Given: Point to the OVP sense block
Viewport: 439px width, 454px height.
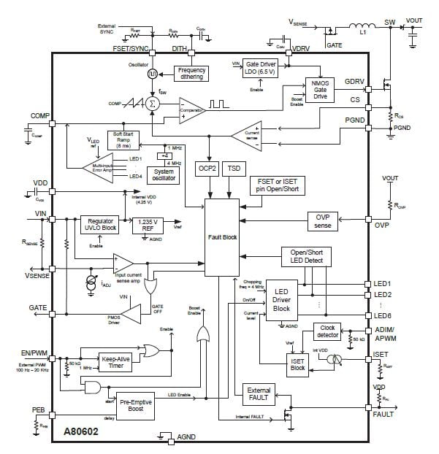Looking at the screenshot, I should click(x=323, y=220).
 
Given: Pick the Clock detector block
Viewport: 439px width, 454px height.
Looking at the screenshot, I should click(x=329, y=332).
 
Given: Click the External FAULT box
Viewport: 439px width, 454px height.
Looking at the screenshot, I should click(x=259, y=394).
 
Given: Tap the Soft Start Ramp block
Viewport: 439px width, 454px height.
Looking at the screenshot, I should click(x=122, y=139).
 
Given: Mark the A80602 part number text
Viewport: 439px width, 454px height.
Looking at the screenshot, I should click(x=80, y=431).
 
